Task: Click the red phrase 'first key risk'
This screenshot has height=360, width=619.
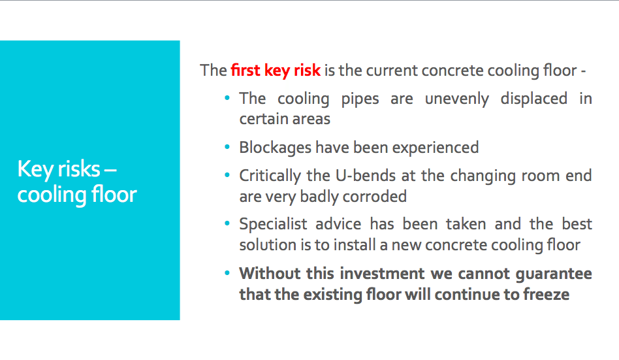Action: tap(276, 71)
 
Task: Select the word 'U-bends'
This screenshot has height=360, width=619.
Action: tap(366, 176)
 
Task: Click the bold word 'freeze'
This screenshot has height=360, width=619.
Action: tap(547, 295)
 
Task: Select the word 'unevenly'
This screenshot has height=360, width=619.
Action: tap(457, 99)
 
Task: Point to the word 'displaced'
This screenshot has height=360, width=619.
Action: tap(533, 99)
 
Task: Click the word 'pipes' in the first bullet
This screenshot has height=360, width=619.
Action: tap(360, 99)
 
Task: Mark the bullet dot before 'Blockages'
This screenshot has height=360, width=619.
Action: tap(227, 147)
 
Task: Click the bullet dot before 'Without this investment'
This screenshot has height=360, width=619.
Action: tap(227, 272)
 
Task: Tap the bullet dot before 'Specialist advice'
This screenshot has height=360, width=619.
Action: tap(227, 223)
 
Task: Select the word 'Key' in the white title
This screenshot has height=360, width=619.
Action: tap(35, 170)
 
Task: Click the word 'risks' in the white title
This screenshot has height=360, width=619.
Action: tap(79, 169)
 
